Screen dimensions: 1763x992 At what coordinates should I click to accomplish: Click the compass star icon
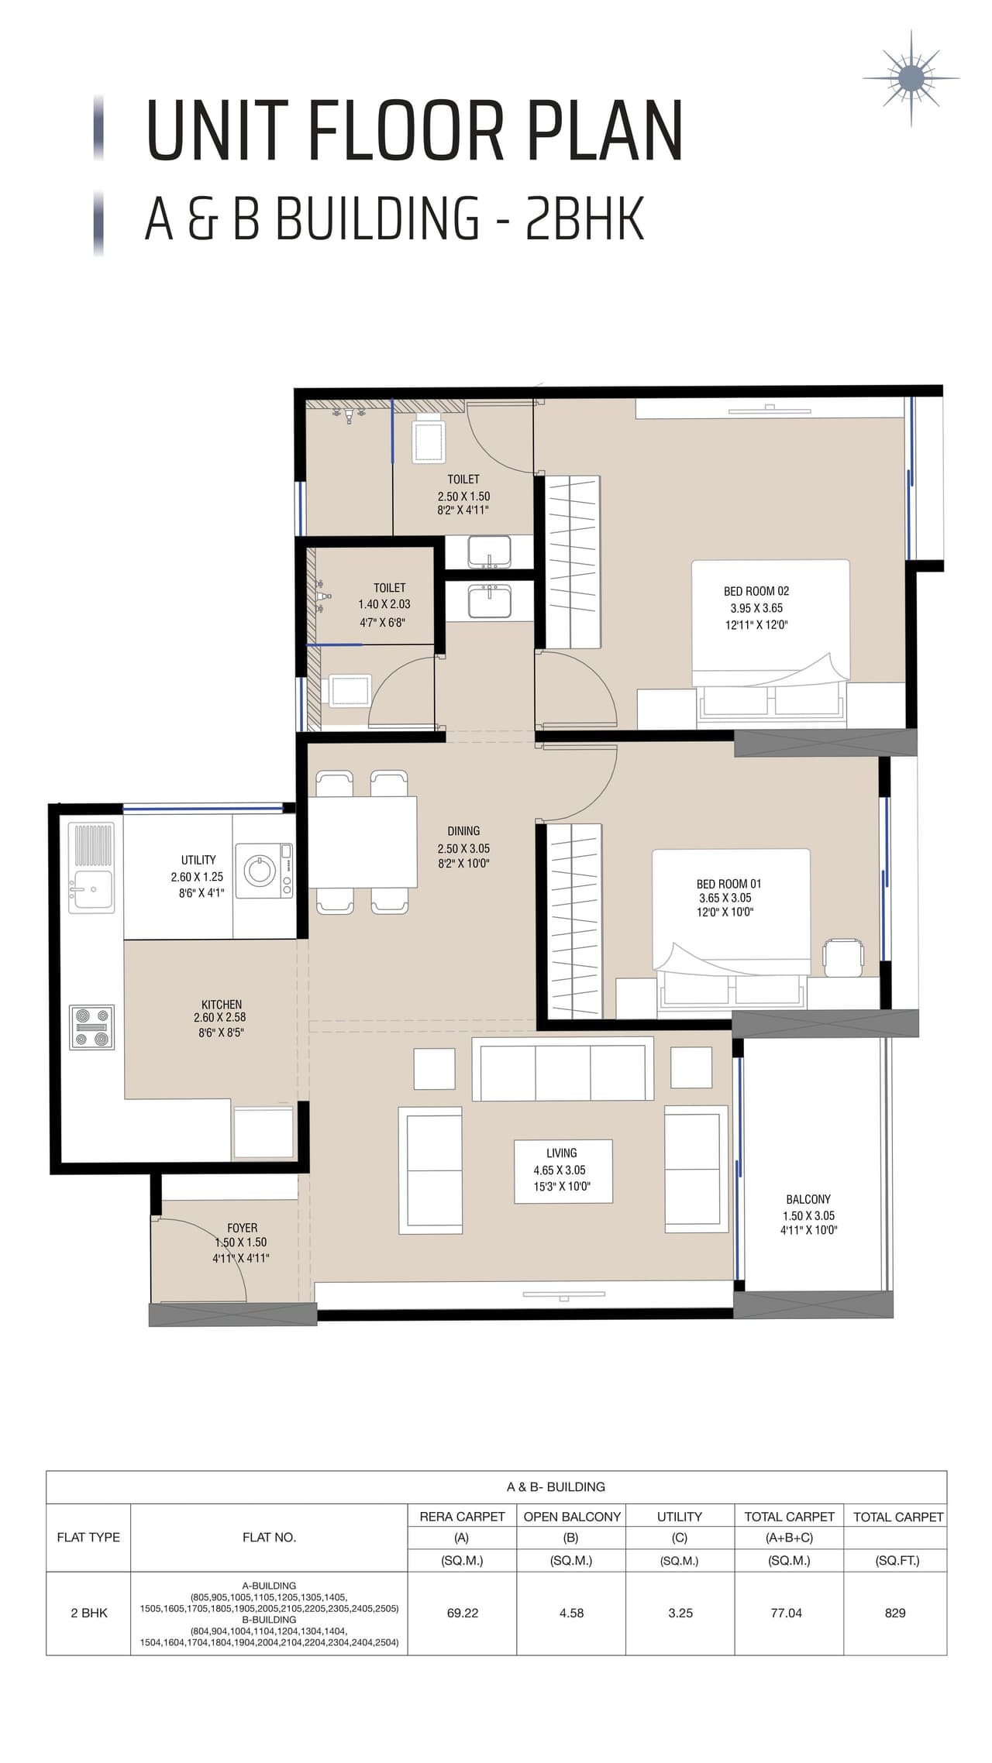point(911,78)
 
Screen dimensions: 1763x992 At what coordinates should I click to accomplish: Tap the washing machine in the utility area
point(263,871)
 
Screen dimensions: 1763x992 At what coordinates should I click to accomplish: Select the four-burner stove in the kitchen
point(91,1027)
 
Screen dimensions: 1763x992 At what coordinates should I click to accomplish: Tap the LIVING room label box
point(563,1170)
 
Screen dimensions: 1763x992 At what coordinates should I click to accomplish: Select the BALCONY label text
point(808,1199)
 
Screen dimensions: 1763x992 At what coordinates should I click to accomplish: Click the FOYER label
point(242,1228)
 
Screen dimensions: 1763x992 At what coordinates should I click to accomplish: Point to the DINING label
point(463,831)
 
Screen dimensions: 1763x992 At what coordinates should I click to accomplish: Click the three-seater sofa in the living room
point(563,1072)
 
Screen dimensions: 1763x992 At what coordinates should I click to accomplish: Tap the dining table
point(363,841)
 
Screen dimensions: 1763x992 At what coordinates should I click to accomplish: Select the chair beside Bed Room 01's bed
point(842,957)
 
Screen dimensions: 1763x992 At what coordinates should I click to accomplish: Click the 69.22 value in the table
point(462,1613)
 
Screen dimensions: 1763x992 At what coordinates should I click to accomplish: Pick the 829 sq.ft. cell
point(894,1613)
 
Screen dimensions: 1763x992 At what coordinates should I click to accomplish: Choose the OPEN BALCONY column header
point(571,1517)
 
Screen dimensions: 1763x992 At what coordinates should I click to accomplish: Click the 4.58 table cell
point(571,1613)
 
